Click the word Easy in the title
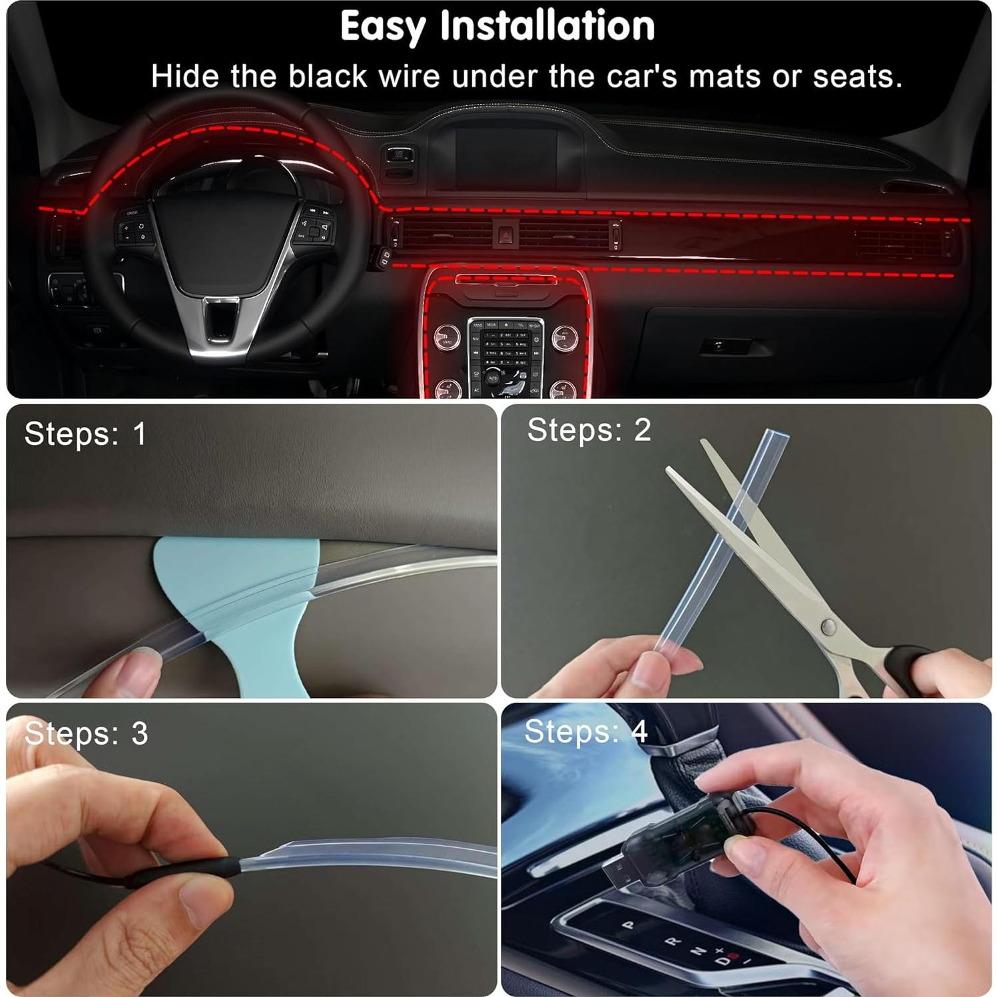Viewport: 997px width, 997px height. pyautogui.click(x=382, y=27)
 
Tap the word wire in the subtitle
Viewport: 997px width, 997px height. pyautogui.click(x=409, y=77)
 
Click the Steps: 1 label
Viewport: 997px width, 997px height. pyautogui.click(x=85, y=434)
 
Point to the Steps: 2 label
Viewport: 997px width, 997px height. pyautogui.click(x=589, y=430)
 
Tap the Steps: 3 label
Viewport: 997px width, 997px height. pyautogui.click(x=86, y=734)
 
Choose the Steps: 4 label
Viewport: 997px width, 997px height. pyautogui.click(x=585, y=732)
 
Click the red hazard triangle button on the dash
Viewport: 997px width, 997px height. pyautogui.click(x=505, y=234)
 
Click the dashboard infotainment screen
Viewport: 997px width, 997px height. pyautogui.click(x=505, y=157)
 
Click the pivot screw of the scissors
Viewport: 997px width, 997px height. pyautogui.click(x=829, y=626)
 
